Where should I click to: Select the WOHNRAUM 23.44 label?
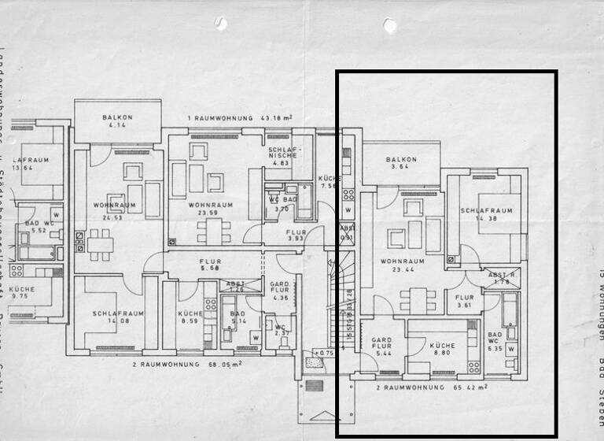point(402,265)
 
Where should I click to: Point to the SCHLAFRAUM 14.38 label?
point(486,215)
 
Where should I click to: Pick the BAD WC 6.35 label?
point(494,339)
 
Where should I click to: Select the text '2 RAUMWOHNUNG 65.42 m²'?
point(431,387)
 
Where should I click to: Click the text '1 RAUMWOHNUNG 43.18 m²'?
point(240,118)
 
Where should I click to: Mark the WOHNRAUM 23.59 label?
point(208,209)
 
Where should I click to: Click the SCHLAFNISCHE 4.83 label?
point(282,156)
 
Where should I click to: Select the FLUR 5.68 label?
point(209,265)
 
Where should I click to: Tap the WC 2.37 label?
point(280,328)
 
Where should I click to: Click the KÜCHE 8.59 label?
point(190,317)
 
